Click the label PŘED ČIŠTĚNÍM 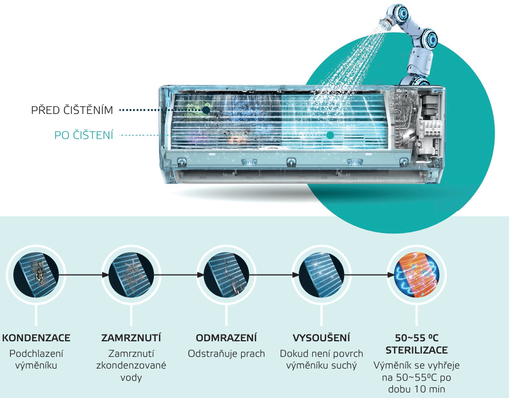(x=72, y=110)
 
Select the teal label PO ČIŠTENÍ (x=84, y=135)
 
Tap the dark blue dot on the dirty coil (x=206, y=110)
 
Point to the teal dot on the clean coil (x=330, y=135)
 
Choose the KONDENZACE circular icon (x=36, y=275)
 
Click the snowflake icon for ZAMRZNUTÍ (x=131, y=275)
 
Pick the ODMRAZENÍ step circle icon (x=226, y=275)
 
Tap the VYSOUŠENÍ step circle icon (x=321, y=275)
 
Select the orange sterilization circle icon (x=417, y=275)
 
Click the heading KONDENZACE (x=36, y=338)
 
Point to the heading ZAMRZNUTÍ (x=131, y=338)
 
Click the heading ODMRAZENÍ (x=226, y=338)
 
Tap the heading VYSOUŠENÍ (x=321, y=338)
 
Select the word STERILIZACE (x=417, y=350)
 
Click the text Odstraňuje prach (x=226, y=354)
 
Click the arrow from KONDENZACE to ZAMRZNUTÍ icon (x=84, y=275)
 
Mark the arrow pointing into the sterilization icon (x=369, y=275)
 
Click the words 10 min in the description (x=428, y=389)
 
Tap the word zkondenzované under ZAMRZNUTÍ (x=131, y=365)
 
